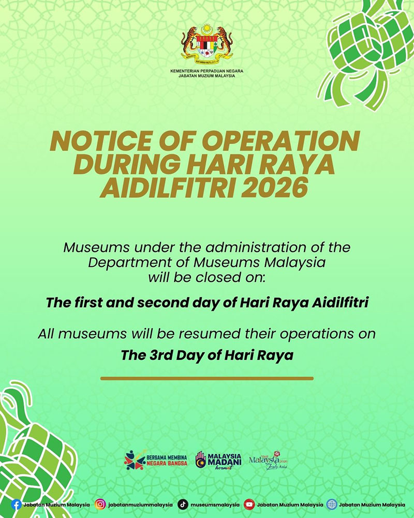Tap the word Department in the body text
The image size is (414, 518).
pos(129,262)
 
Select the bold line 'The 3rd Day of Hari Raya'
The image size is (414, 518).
pos(207,355)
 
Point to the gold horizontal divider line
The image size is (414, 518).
pos(207,378)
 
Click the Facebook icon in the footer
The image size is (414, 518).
pos(17,504)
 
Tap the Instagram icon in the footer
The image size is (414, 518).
pos(101,504)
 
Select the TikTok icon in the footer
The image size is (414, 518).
pos(183,504)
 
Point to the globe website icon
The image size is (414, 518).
pos(332,504)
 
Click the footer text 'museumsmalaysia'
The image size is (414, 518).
pos(215,504)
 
